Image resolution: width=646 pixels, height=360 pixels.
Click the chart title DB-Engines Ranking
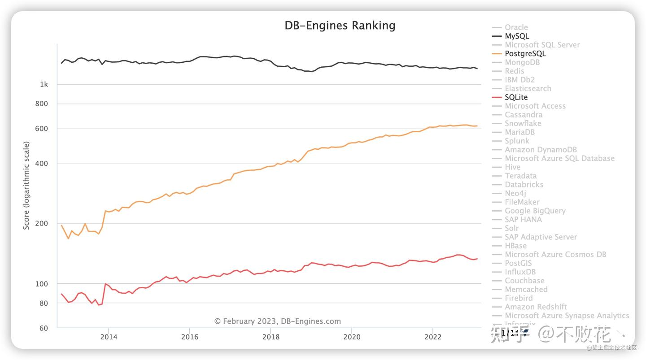[x=340, y=26]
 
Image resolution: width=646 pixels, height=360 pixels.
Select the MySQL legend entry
[x=517, y=36]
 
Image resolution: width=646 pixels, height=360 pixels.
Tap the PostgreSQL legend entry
[x=525, y=54]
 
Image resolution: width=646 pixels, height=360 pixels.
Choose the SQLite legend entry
[x=516, y=97]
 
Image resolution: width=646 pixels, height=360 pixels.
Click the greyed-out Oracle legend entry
[x=516, y=27]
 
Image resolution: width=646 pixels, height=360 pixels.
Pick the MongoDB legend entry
[x=522, y=62]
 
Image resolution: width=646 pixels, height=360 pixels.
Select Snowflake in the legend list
[x=523, y=123]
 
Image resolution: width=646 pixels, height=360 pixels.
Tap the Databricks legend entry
[x=524, y=185]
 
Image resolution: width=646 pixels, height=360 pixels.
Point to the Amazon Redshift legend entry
[x=536, y=307]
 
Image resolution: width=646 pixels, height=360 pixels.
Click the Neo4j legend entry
[x=515, y=193]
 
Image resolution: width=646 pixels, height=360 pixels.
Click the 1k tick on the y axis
[x=44, y=84]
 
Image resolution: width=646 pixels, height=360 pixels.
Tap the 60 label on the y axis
[x=43, y=328]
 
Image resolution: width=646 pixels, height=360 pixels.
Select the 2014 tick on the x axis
[x=108, y=337]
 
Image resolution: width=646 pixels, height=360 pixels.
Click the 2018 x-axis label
[x=271, y=337]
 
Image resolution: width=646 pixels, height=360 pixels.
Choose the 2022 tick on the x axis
[x=433, y=337]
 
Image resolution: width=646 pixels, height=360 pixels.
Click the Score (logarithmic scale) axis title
[x=26, y=186]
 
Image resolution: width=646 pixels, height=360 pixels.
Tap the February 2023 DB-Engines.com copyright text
[x=277, y=321]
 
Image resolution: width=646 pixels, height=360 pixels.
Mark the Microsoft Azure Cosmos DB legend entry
[x=555, y=255]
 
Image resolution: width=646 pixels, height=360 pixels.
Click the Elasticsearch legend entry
[x=528, y=89]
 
